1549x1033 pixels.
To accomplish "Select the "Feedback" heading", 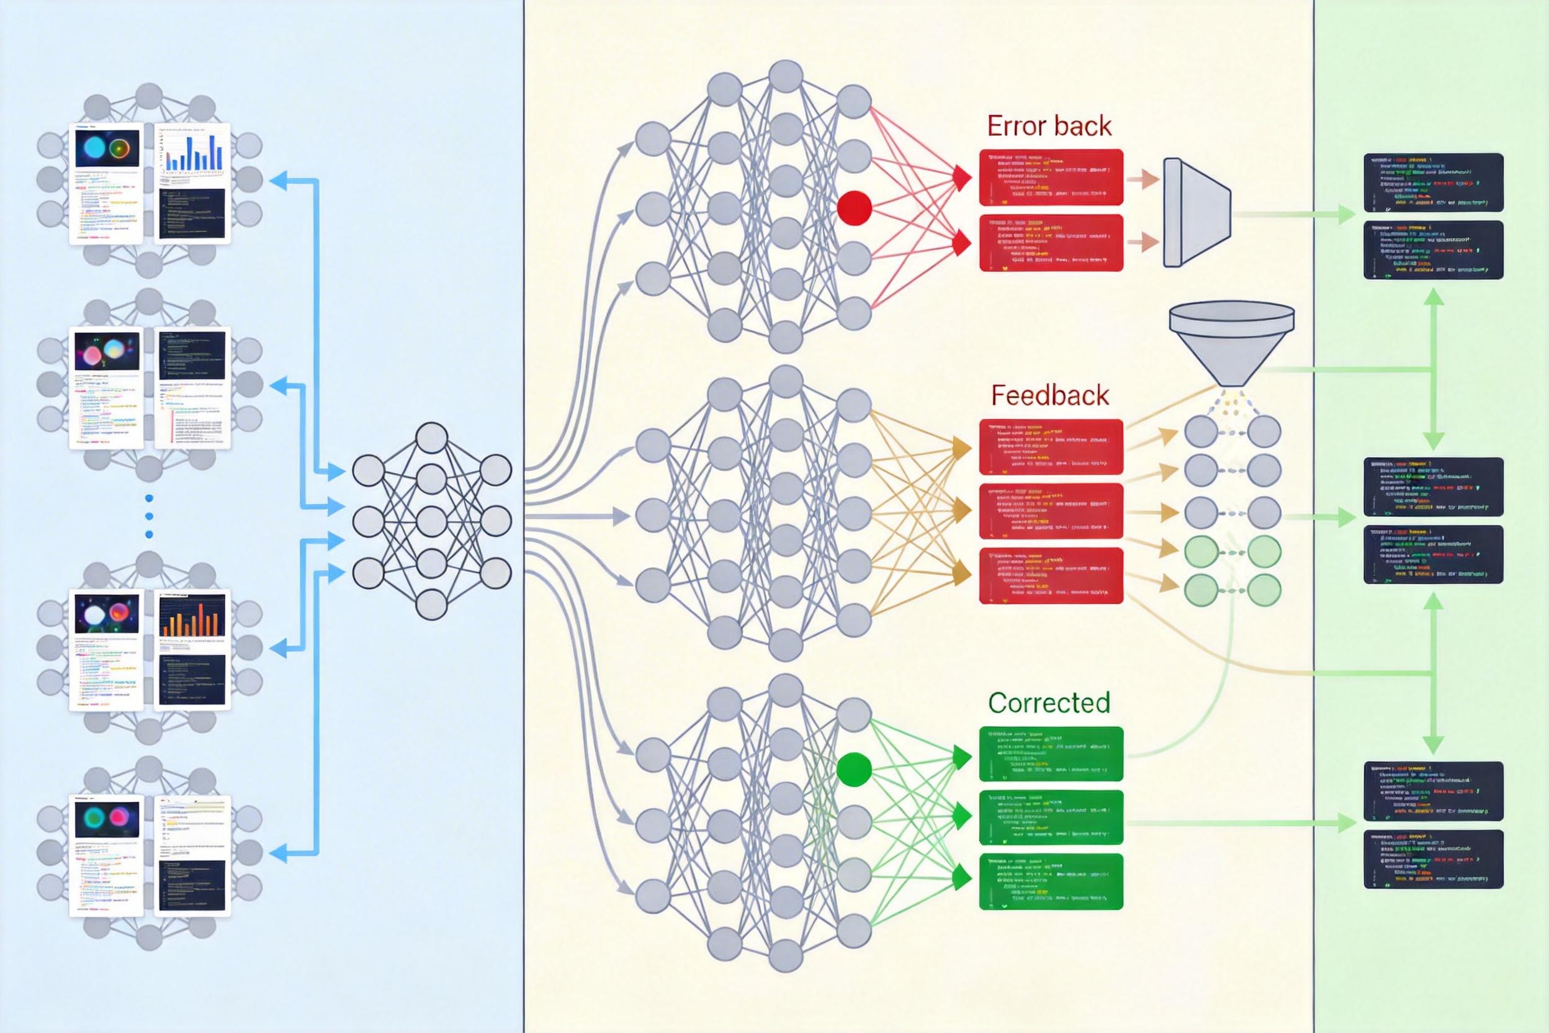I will (x=1050, y=395).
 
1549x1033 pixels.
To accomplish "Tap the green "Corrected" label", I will (x=1049, y=703).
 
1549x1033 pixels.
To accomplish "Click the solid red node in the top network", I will (x=854, y=208).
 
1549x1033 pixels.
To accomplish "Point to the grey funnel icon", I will (x=1231, y=343).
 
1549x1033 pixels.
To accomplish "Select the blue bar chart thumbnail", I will (x=192, y=152).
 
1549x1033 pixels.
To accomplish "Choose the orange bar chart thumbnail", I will (x=192, y=616).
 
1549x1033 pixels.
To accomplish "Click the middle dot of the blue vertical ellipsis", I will (x=149, y=516).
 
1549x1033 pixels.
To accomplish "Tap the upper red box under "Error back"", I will (x=1051, y=177).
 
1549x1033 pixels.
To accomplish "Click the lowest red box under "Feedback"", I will (x=1051, y=576).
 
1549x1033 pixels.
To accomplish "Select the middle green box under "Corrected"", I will (x=1051, y=818).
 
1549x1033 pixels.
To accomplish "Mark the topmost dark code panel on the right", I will (x=1433, y=183).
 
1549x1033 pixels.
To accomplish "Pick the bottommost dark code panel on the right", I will (x=1433, y=859).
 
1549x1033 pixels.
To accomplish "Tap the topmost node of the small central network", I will (x=431, y=439).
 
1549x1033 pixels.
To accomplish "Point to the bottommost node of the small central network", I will (x=431, y=605).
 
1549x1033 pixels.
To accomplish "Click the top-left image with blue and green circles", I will (x=107, y=148).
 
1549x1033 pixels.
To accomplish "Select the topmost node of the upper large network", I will (x=785, y=76).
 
